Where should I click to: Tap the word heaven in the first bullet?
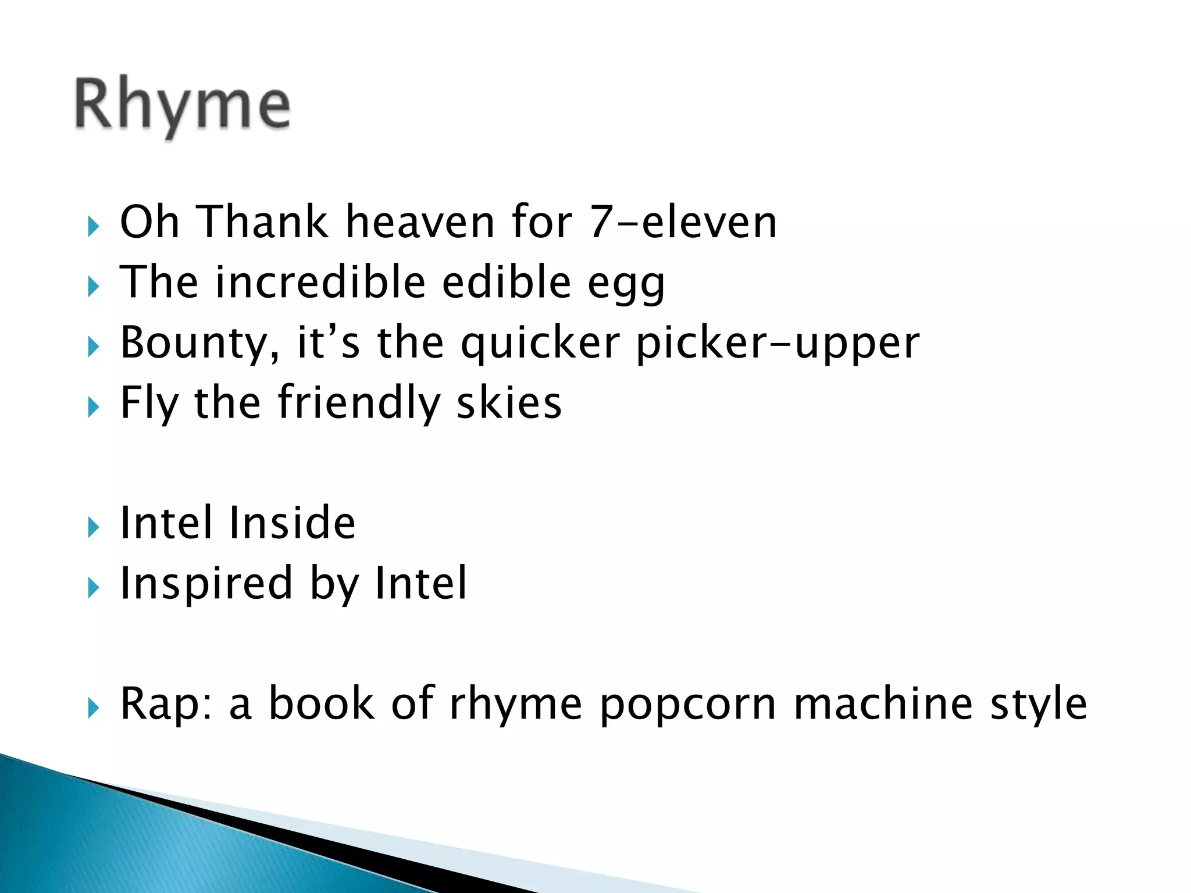pyautogui.click(x=420, y=223)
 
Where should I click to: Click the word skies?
pyautogui.click(x=509, y=403)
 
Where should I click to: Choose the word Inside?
pyautogui.click(x=292, y=523)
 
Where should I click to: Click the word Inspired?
pyautogui.click(x=206, y=584)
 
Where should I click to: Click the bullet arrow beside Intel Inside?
pyautogui.click(x=94, y=528)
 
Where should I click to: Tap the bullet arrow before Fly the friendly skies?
pyautogui.click(x=94, y=408)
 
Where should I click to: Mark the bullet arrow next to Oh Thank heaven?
pyautogui.click(x=94, y=227)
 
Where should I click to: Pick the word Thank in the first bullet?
pyautogui.click(x=263, y=223)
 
